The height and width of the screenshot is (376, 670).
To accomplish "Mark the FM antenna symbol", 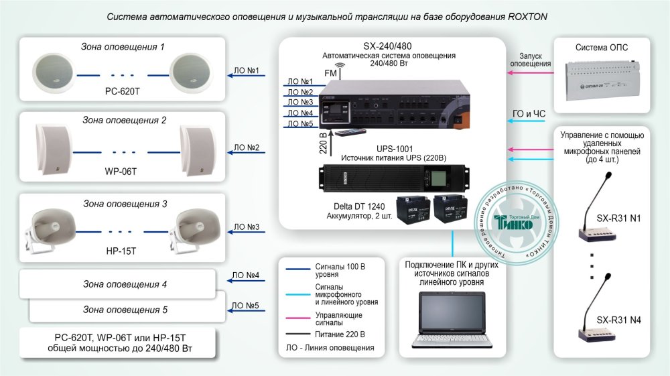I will pos(340,70).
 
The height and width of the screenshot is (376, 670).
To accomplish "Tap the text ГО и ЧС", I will pos(529,114).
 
